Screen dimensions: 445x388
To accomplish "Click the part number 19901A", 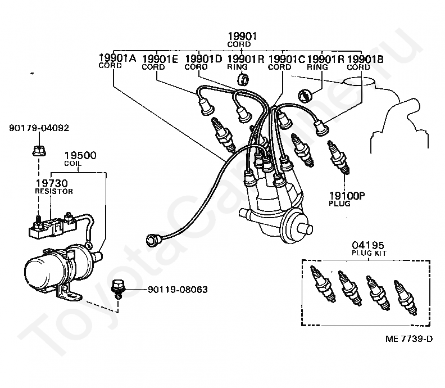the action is pos(117,58).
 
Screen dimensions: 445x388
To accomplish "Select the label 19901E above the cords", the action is pos(160,59).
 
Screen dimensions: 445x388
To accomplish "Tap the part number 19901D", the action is pos(203,59).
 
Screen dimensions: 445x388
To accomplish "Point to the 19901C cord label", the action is pos(287,59).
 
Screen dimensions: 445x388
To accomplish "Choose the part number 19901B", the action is pos(365,59).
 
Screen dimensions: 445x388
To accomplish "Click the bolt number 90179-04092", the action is pos(39,128).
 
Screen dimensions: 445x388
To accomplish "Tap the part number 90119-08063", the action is pos(178,290).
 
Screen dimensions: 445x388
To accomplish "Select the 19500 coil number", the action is pos(80,155).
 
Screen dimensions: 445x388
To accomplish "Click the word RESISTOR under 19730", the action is pos(54,191).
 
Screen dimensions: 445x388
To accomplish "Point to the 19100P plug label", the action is pos(347,196).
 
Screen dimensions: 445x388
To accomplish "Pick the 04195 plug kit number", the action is pos(368,245).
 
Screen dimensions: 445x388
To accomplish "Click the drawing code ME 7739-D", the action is pos(409,339).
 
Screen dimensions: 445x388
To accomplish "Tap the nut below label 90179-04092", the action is pos(39,151).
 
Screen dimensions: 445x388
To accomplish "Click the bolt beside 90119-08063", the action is pos(117,289).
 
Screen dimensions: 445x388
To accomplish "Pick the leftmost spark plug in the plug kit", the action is pos(323,284).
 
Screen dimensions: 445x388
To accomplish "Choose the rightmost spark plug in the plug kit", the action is pos(405,298).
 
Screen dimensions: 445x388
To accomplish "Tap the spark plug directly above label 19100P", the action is pos(338,157).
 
